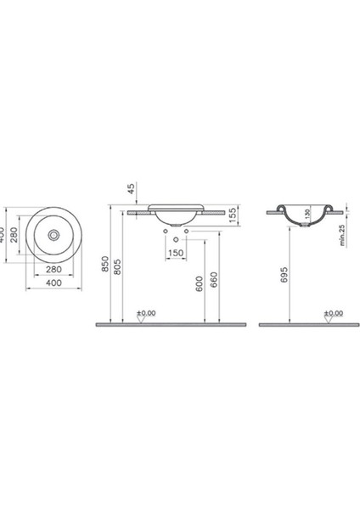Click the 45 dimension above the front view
pyautogui.click(x=131, y=189)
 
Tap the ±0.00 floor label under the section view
pyautogui.click(x=335, y=312)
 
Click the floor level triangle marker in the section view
pyautogui.click(x=327, y=318)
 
